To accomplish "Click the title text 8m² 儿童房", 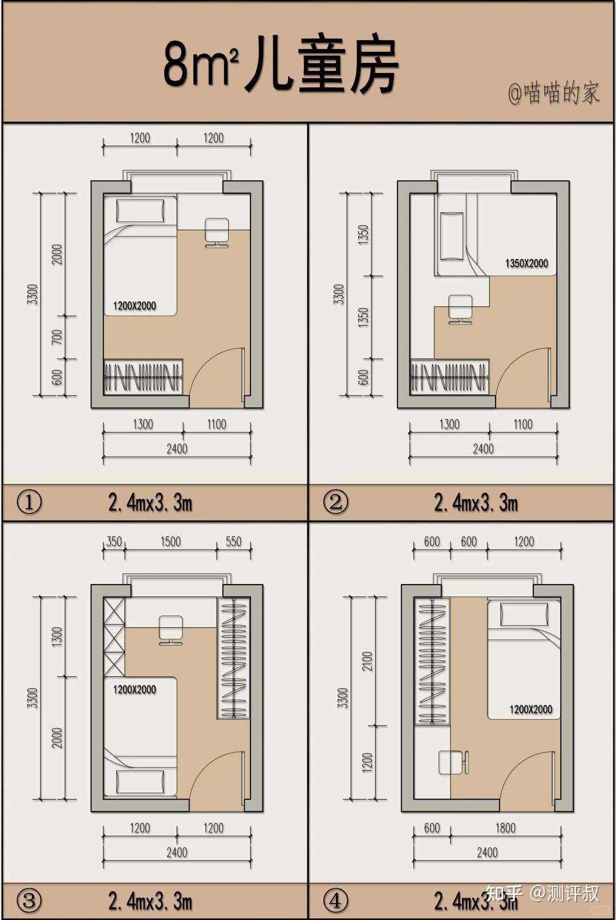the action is [x=281, y=66].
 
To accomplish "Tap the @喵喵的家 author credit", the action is [x=554, y=93].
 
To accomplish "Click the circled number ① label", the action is [x=29, y=502].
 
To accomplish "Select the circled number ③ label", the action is [x=29, y=901].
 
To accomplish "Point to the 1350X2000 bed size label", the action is [x=526, y=264].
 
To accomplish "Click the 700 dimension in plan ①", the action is [x=57, y=337].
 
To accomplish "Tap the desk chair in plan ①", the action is [x=217, y=233].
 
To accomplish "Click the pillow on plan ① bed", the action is [x=140, y=211].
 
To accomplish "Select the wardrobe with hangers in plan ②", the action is [x=449, y=376].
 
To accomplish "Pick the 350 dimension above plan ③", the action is [x=114, y=541].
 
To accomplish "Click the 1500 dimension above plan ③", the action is [x=171, y=541].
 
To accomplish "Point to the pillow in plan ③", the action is [x=140, y=781].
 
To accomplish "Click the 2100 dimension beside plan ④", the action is [x=367, y=661].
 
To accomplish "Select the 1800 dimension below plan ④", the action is [x=505, y=828].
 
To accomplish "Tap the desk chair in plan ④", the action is [x=454, y=762].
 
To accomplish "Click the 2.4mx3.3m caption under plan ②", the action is [x=476, y=502].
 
